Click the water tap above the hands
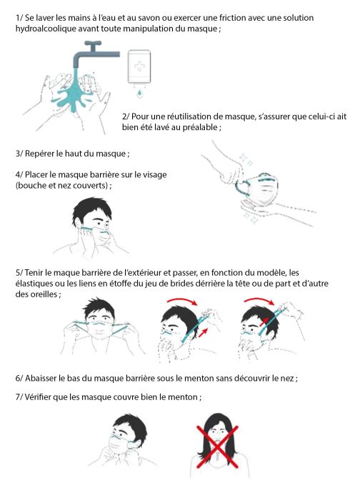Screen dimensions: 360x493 [91, 54]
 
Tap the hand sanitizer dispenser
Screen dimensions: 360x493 [139, 67]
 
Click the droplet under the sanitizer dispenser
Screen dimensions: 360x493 [139, 93]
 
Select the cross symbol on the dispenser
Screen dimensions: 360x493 [139, 66]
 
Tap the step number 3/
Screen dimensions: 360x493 [19, 154]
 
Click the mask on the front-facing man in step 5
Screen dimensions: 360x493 [100, 328]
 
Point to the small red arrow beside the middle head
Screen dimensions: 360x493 [204, 332]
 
